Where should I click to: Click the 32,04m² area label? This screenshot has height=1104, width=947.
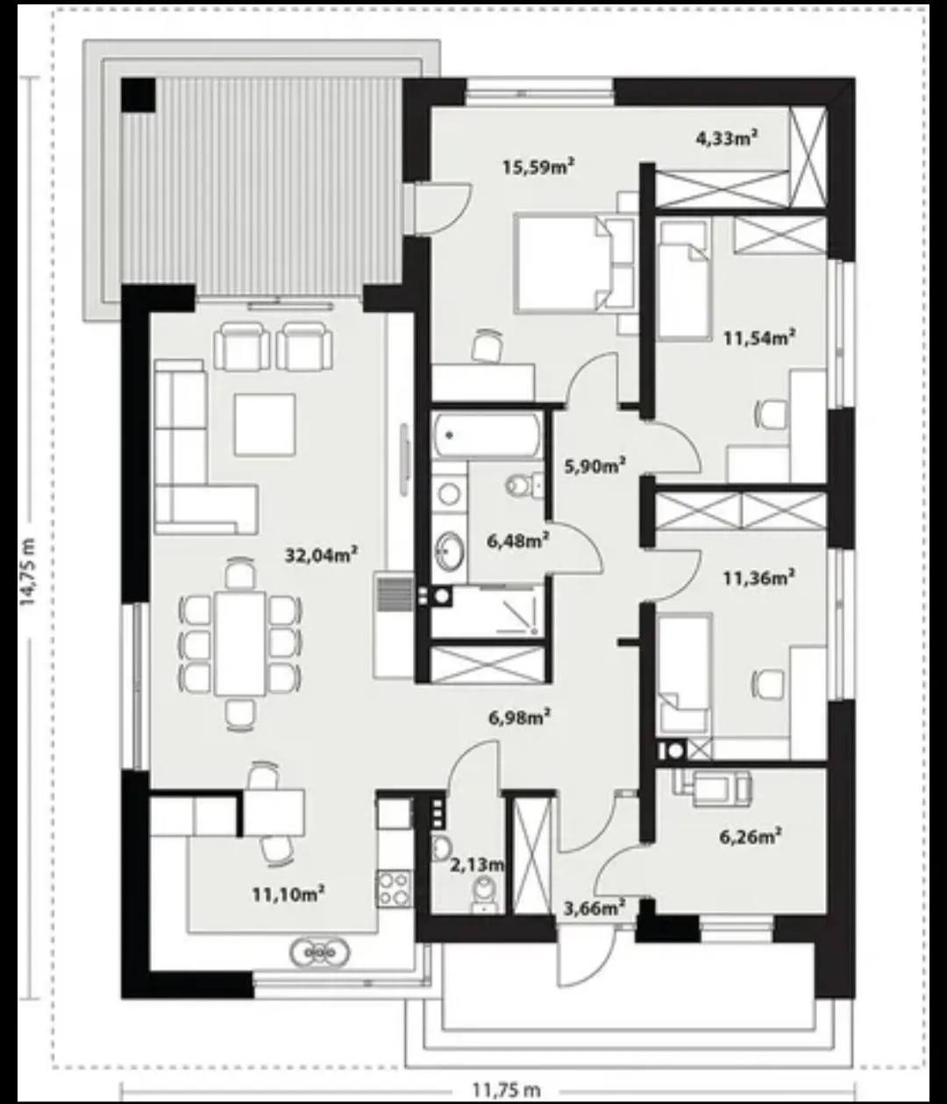click(x=321, y=555)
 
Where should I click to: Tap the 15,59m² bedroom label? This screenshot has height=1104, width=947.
click(x=538, y=166)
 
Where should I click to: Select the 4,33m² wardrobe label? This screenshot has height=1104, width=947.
click(x=727, y=138)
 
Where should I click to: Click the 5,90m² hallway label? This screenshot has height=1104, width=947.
click(x=595, y=465)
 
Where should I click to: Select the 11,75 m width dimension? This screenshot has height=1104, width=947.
click(x=506, y=1090)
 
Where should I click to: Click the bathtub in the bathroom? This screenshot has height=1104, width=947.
click(x=487, y=435)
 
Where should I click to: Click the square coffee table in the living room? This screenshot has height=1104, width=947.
click(x=265, y=425)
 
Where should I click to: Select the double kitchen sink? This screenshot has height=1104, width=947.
click(x=320, y=952)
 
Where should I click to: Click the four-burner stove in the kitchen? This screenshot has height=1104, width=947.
click(x=394, y=888)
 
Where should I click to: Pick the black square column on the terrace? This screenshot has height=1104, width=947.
click(x=139, y=96)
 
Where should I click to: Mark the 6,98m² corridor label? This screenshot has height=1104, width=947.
click(x=519, y=717)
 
